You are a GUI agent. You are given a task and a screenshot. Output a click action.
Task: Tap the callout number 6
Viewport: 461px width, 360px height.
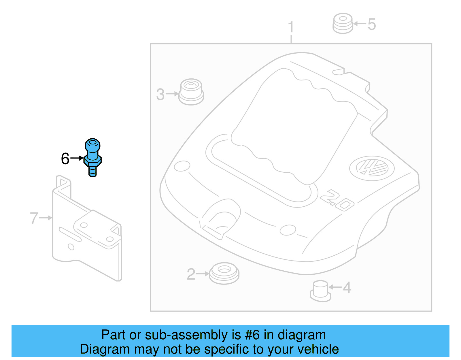(65, 159)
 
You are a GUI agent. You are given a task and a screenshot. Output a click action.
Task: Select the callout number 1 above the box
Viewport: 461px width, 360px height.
(291, 27)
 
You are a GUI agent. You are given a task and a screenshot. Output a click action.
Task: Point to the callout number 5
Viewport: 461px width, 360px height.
(372, 24)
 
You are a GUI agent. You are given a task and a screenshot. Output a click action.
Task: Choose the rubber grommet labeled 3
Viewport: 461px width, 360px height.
(191, 91)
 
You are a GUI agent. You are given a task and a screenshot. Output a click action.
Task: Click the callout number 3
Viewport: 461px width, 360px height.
(160, 94)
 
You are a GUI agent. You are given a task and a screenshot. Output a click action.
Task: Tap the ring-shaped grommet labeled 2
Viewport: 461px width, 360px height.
(224, 273)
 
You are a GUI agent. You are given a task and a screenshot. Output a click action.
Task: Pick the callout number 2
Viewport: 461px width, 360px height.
(191, 274)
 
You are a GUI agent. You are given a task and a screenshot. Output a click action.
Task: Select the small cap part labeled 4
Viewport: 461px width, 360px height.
(320, 291)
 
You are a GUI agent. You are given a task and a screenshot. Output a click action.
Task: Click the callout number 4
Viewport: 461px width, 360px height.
(347, 287)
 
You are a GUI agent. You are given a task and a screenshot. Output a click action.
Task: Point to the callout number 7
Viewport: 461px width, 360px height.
(34, 218)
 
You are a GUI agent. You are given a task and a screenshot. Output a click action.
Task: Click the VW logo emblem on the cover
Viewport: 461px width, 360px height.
(372, 168)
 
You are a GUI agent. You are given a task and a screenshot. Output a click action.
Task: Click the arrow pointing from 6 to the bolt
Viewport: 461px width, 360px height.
(77, 158)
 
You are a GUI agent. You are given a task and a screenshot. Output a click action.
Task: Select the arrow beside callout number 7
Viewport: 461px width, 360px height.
(46, 218)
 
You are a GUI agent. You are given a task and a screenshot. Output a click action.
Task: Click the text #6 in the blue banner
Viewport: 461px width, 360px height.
(252, 335)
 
